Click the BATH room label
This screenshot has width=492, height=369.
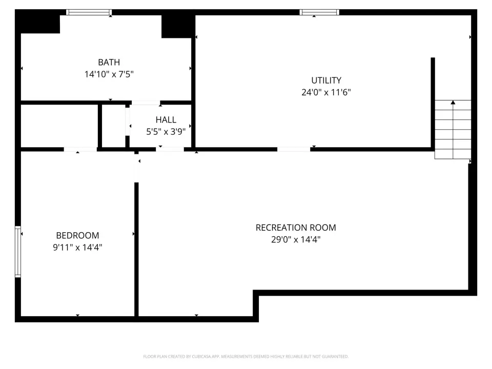click(x=109, y=62)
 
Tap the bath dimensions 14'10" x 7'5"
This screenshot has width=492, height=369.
click(x=109, y=74)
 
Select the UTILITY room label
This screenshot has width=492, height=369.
click(x=326, y=80)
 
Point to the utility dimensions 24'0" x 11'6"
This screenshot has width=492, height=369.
click(x=326, y=92)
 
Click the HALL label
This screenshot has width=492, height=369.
click(x=166, y=119)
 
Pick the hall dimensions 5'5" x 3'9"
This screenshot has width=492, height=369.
click(x=166, y=132)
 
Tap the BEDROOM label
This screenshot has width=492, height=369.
click(x=77, y=235)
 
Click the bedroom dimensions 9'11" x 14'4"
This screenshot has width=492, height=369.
click(x=77, y=247)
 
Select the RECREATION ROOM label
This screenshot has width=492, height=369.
click(x=296, y=228)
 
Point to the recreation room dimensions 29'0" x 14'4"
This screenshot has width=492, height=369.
click(x=296, y=239)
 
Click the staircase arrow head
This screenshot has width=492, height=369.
click(x=453, y=102)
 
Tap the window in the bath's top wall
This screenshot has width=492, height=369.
click(x=89, y=12)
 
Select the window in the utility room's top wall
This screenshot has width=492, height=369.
click(x=319, y=12)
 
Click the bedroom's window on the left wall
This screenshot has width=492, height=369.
click(x=18, y=252)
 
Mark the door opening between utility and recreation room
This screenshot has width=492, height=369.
click(x=294, y=149)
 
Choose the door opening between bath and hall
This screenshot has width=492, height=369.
click(x=146, y=102)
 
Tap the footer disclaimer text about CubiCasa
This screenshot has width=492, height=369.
click(x=245, y=357)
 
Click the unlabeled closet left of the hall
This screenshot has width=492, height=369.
click(x=114, y=126)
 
